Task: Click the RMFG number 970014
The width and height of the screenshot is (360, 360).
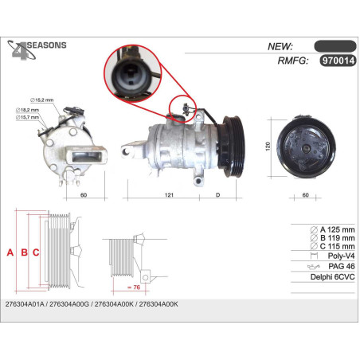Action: [x=338, y=61]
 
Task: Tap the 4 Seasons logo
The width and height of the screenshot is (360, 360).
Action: [x=37, y=50]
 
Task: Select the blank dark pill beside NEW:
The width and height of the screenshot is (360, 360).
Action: [x=335, y=46]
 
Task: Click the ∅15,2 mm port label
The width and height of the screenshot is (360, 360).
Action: [x=41, y=100]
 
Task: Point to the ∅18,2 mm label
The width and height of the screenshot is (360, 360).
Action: [x=27, y=110]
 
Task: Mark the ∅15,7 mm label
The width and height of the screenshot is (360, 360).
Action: [x=27, y=117]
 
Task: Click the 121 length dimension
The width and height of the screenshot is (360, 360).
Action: [x=169, y=195]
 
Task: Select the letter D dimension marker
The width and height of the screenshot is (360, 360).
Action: [x=217, y=195]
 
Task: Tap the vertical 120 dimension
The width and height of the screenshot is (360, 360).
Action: [x=268, y=147]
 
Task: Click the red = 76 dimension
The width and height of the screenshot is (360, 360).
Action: [x=134, y=288]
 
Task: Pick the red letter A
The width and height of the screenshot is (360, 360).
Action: [x=10, y=252]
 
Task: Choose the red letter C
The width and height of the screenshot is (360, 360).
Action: [x=36, y=252]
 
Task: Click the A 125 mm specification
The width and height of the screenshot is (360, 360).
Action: [x=332, y=229]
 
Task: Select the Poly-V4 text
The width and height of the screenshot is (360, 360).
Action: [x=341, y=256]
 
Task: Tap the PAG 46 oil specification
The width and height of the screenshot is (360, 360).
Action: [x=342, y=266]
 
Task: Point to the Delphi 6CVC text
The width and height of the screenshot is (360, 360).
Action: [x=332, y=277]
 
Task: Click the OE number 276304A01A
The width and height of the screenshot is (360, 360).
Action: [x=25, y=304]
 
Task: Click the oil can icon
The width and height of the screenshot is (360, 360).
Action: [x=313, y=266]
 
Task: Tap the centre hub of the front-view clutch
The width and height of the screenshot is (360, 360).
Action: [x=306, y=148]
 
